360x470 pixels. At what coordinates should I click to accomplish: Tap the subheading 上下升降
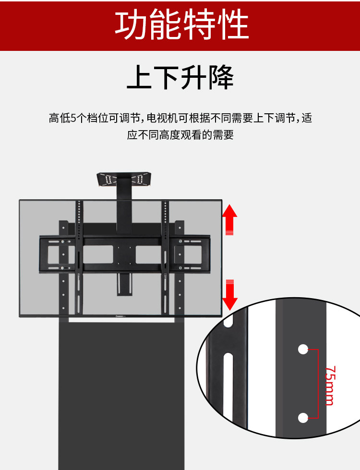tap(180, 77)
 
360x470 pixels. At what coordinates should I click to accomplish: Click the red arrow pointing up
tap(230, 218)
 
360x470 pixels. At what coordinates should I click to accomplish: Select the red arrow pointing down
tap(230, 294)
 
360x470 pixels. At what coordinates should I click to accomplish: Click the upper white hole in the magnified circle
tap(303, 349)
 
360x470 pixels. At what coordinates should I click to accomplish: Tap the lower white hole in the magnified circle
tap(303, 418)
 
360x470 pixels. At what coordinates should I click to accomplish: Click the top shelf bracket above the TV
tap(124, 179)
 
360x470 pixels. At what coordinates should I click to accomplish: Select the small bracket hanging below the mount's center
tap(124, 284)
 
